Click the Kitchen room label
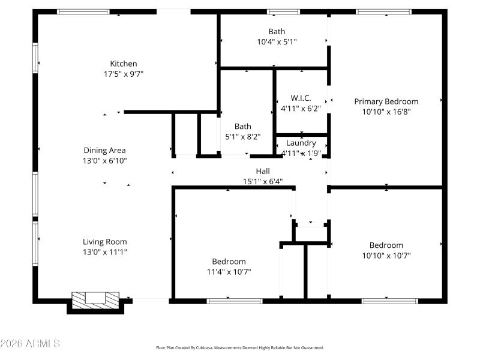click(x=123, y=64)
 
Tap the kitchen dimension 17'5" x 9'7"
click(x=123, y=74)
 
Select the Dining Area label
click(x=104, y=151)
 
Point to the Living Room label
click(x=104, y=242)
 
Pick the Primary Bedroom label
click(x=386, y=101)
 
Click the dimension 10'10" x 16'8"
click(x=386, y=112)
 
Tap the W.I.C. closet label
click(x=301, y=98)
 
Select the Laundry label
click(x=301, y=143)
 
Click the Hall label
click(x=263, y=171)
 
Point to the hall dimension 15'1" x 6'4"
click(x=263, y=181)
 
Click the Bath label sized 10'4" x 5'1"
click(x=277, y=31)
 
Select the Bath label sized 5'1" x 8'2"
click(x=243, y=126)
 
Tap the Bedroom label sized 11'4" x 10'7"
click(x=229, y=262)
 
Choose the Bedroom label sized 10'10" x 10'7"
click(x=386, y=245)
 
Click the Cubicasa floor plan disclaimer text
click(x=239, y=347)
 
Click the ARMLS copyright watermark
click(x=30, y=344)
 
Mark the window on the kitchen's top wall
click(x=83, y=11)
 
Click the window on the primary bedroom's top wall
click(x=383, y=11)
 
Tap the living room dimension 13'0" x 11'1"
click(x=104, y=252)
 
